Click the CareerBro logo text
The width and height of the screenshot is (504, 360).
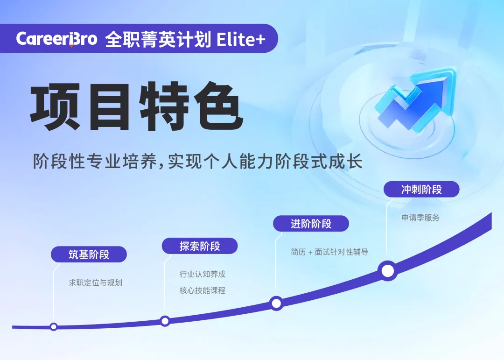click(56, 39)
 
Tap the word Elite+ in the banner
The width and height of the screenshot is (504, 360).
click(241, 40)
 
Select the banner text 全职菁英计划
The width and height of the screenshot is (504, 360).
click(158, 39)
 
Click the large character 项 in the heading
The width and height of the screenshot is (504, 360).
click(55, 107)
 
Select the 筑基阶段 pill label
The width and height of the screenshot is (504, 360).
click(89, 254)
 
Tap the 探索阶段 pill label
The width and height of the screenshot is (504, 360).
click(200, 246)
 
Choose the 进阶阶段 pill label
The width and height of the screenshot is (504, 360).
click(311, 224)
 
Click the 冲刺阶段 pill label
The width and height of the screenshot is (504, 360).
click(421, 190)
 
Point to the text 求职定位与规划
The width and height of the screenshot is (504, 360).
click(96, 283)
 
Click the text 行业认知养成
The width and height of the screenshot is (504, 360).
click(203, 274)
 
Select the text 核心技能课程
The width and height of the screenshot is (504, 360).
click(203, 290)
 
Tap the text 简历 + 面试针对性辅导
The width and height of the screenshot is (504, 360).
click(329, 252)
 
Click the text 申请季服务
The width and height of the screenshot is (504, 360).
click(420, 218)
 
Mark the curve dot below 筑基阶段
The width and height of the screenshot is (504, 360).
click(54, 327)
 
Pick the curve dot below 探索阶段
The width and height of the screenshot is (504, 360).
click(165, 321)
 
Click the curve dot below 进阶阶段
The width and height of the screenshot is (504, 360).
click(276, 303)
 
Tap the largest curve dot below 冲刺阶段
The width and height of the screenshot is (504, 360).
click(388, 271)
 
